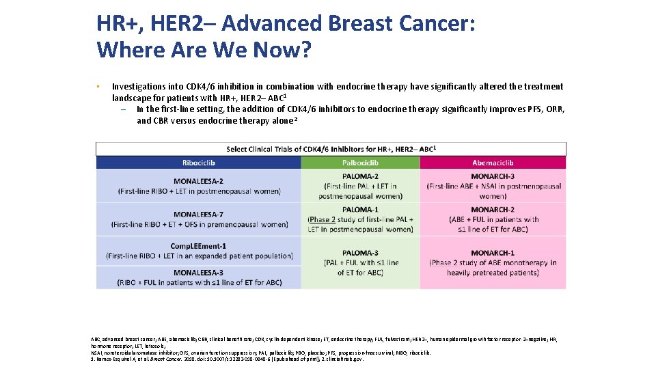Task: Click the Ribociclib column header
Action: pos(198,163)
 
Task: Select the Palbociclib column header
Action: pos(360,163)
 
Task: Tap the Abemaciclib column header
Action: pos(493,163)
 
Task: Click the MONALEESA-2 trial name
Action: pos(199,182)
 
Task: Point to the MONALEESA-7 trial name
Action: pos(199,215)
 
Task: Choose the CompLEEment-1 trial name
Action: pos(199,246)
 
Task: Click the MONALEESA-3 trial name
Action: pos(199,272)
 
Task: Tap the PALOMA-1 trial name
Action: pos(360,210)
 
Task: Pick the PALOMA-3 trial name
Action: pos(360,253)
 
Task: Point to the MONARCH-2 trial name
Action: pos(493,210)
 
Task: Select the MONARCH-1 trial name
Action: pos(493,253)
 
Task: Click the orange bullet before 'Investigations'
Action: pos(98,87)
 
